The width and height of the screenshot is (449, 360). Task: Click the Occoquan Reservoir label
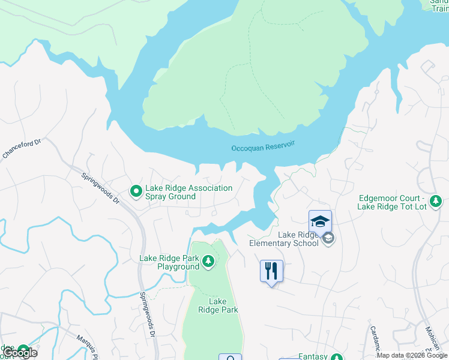(264, 148)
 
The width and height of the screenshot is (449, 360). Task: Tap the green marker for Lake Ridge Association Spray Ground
(136, 192)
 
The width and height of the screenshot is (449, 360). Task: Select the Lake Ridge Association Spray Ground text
(188, 192)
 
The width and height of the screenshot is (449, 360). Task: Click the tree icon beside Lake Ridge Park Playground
(208, 261)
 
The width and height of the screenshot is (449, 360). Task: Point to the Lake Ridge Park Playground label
(169, 262)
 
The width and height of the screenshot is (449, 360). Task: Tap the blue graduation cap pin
(320, 221)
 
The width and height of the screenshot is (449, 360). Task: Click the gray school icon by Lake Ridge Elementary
(328, 239)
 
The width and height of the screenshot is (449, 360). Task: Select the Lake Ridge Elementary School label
(284, 239)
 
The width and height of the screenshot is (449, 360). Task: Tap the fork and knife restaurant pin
(271, 271)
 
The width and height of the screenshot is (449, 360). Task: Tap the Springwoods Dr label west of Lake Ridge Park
(148, 316)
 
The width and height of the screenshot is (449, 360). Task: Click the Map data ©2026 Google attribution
(412, 355)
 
